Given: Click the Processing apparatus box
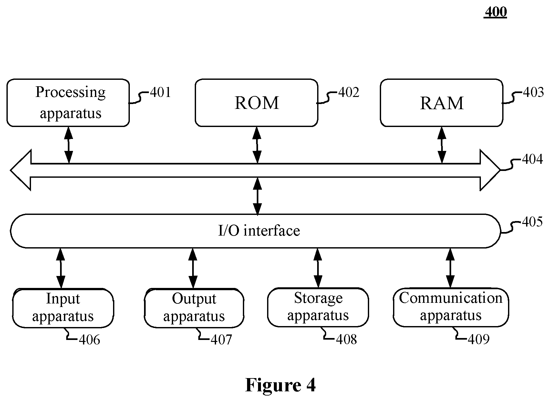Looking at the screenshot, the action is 68,103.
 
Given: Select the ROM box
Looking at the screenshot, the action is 256,103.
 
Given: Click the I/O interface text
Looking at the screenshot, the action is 259,231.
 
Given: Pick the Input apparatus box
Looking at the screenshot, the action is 63,308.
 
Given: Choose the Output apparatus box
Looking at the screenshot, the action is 194,308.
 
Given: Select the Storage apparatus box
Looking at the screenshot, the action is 318,307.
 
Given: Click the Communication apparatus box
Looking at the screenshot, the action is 451,307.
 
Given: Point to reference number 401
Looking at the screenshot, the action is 160,92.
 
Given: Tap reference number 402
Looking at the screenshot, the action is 349,92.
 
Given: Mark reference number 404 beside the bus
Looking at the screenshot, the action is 532,159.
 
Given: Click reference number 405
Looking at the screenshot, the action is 532,222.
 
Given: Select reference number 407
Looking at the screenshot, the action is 221,340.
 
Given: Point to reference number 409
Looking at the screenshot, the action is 479,339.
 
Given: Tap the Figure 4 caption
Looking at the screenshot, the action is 280,385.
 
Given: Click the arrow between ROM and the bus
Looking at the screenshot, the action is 257,145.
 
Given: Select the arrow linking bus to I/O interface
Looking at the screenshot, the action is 257,196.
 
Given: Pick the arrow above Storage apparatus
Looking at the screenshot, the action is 318,268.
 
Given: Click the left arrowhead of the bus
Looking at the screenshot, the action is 21,170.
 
